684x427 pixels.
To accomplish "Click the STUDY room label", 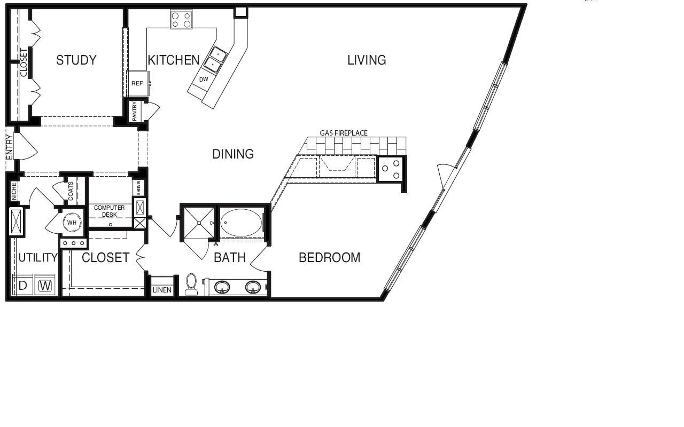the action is click(76, 60).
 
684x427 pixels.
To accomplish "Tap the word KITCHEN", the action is click(174, 60).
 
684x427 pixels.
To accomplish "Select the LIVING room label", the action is click(367, 60).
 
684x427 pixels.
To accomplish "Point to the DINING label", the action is click(233, 154).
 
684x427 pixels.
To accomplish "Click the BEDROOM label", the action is click(330, 258).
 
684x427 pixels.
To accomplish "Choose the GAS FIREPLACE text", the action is click(344, 133).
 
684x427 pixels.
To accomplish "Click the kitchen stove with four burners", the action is click(181, 20).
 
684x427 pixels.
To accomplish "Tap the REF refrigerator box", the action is click(138, 84).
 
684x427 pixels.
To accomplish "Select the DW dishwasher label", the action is click(204, 80).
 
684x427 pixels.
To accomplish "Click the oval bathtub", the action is click(241, 223).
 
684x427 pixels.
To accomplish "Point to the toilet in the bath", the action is click(191, 284).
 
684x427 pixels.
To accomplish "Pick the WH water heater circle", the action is click(72, 223).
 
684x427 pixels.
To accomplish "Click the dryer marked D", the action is click(23, 285).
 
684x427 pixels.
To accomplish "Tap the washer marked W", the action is click(45, 285).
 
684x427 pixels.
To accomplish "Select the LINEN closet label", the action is click(162, 290).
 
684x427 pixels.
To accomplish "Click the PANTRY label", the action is click(135, 111).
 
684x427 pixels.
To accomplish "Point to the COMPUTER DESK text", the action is click(110, 211).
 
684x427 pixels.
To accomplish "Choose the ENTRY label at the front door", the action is click(10, 147).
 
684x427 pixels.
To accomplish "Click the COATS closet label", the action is click(71, 191).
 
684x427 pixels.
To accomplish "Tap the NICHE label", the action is click(14, 192).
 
